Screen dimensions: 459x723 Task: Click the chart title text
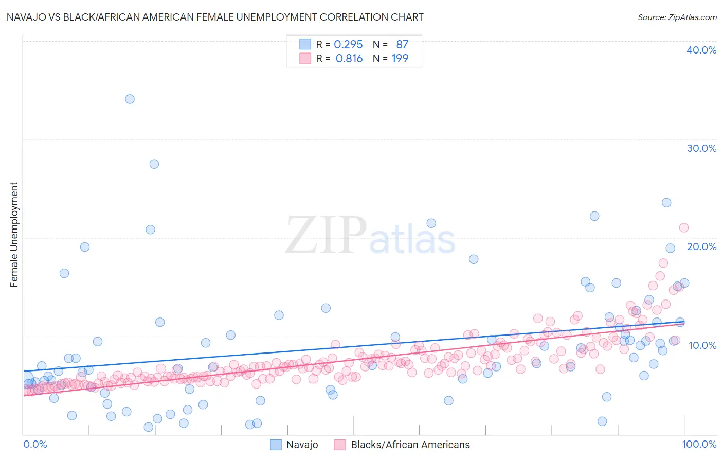coord(215,17)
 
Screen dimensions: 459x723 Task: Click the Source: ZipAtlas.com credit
coord(677,17)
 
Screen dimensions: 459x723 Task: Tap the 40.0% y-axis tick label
coord(701,50)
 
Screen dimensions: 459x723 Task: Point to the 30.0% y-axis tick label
coord(701,148)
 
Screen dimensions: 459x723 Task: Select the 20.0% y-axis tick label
coord(701,246)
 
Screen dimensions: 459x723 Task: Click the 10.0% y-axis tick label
coord(702,345)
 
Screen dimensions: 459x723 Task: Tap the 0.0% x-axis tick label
coord(35,444)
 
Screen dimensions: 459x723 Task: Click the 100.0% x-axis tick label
coord(699,444)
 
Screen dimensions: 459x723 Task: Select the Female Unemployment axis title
coord(14,234)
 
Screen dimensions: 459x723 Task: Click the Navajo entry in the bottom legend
coord(302,445)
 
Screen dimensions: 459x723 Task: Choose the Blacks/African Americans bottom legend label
coord(410,445)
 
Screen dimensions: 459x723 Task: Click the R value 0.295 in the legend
coord(348,45)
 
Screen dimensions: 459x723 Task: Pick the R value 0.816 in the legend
coord(349,59)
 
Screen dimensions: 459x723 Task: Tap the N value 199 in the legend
coord(400,59)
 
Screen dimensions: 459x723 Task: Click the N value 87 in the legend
coord(402,45)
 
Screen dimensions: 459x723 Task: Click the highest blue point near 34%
coord(130,99)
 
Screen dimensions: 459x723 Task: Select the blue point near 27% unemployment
coord(154,164)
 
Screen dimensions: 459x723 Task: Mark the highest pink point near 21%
coord(683,227)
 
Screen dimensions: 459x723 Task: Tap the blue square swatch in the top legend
coord(305,44)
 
